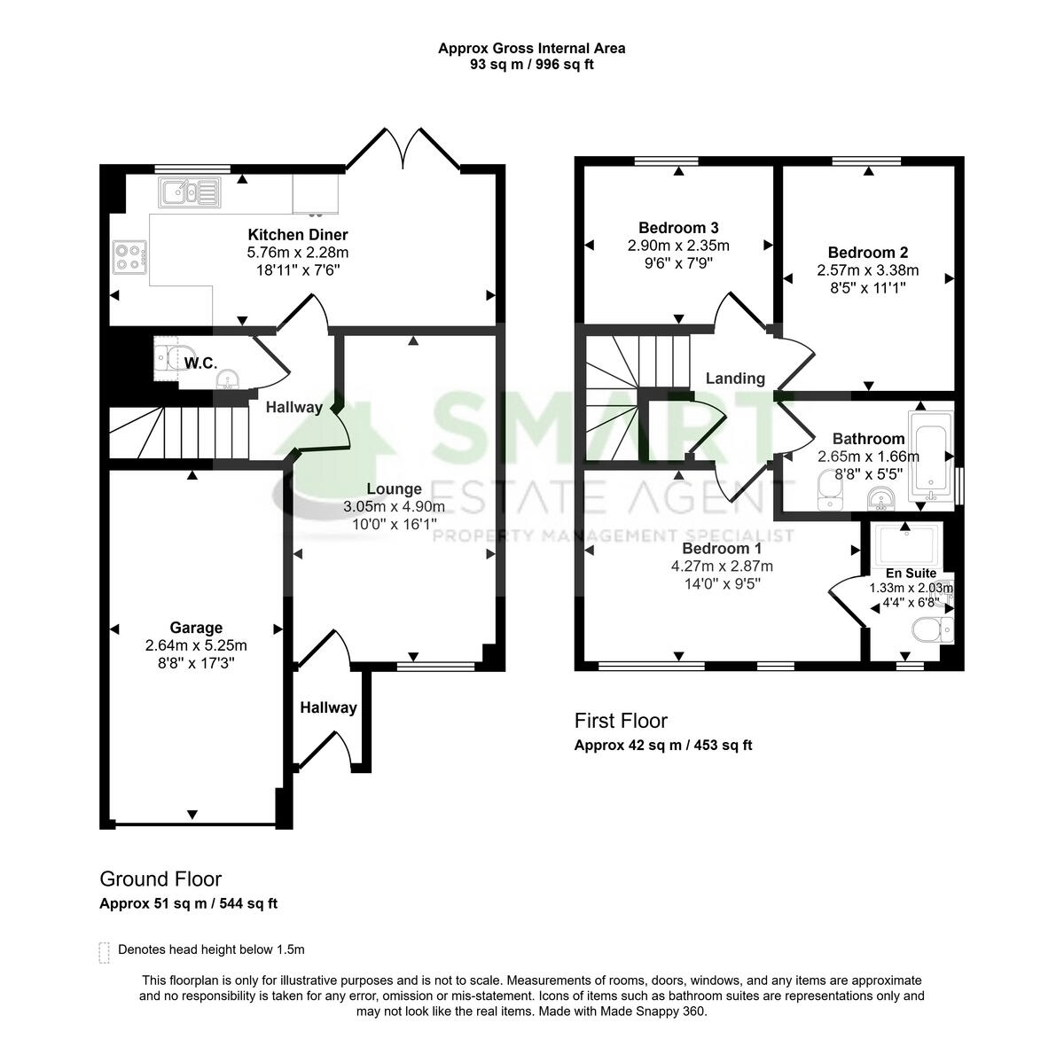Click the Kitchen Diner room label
point(297,235)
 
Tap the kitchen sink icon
point(189,191)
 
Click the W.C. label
point(200,363)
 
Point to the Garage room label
point(196,629)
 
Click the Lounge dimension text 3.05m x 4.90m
point(394,506)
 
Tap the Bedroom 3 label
point(678,228)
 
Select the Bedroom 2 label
point(867,253)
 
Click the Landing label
point(735,379)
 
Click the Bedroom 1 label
point(722,549)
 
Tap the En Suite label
point(911,574)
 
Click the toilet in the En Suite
point(931,630)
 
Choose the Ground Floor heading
point(160,879)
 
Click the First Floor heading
point(621,721)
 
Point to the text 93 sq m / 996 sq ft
point(531,65)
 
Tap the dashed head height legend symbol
point(105,952)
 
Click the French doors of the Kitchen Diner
point(403,149)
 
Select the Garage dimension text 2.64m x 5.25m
point(196,645)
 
